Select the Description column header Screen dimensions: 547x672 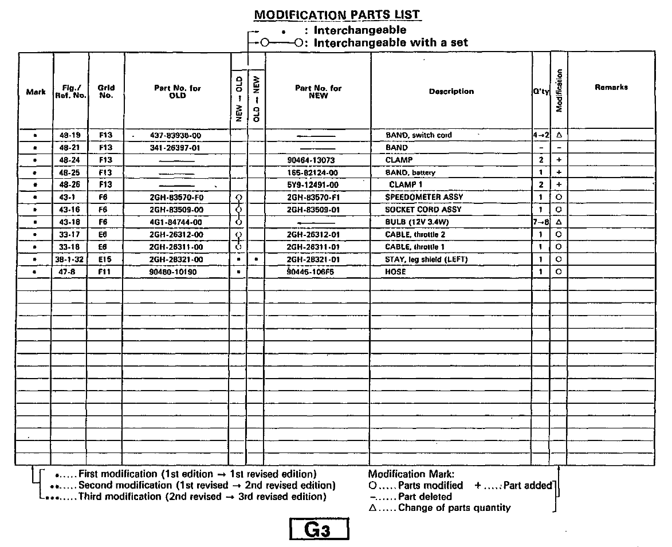point(451,91)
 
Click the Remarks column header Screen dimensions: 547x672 point(611,88)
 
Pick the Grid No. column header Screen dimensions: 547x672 point(106,92)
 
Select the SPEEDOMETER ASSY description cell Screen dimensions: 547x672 point(425,197)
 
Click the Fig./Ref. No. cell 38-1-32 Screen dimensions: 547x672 point(70,259)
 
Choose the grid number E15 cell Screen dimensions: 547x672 point(106,259)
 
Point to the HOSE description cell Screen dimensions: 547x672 point(395,271)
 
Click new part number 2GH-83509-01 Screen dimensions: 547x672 point(318,210)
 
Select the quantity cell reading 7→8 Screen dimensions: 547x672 point(541,222)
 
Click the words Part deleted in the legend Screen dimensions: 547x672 point(425,497)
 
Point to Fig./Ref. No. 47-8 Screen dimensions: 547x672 point(70,271)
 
